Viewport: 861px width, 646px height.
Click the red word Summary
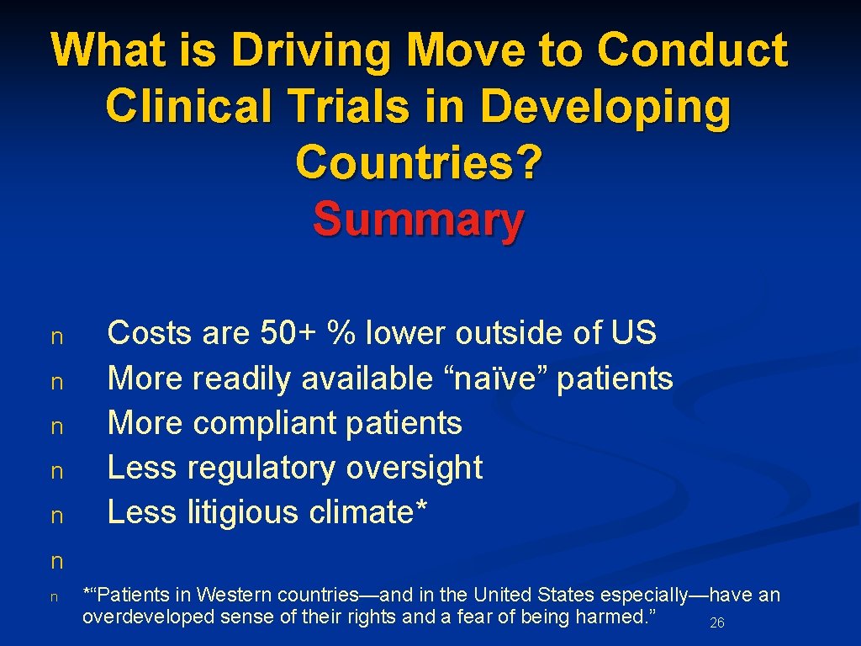click(x=419, y=220)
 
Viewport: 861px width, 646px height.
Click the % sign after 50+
click(x=341, y=333)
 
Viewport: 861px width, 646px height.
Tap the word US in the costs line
click(x=634, y=333)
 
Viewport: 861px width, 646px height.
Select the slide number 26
click(x=717, y=623)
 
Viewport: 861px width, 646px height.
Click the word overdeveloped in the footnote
click(x=139, y=617)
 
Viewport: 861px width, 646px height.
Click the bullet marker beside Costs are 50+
click(x=57, y=337)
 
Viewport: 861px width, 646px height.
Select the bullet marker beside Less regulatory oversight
click(x=57, y=472)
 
